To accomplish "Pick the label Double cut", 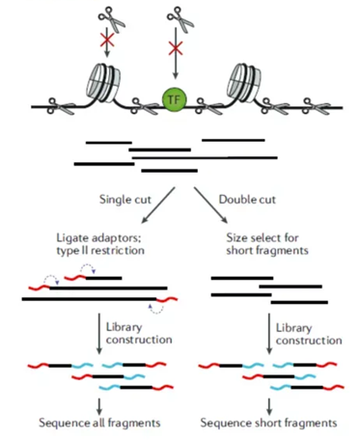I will click(247, 200).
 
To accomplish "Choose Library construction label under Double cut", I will click(306, 333).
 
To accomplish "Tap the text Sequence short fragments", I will click(265, 423).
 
